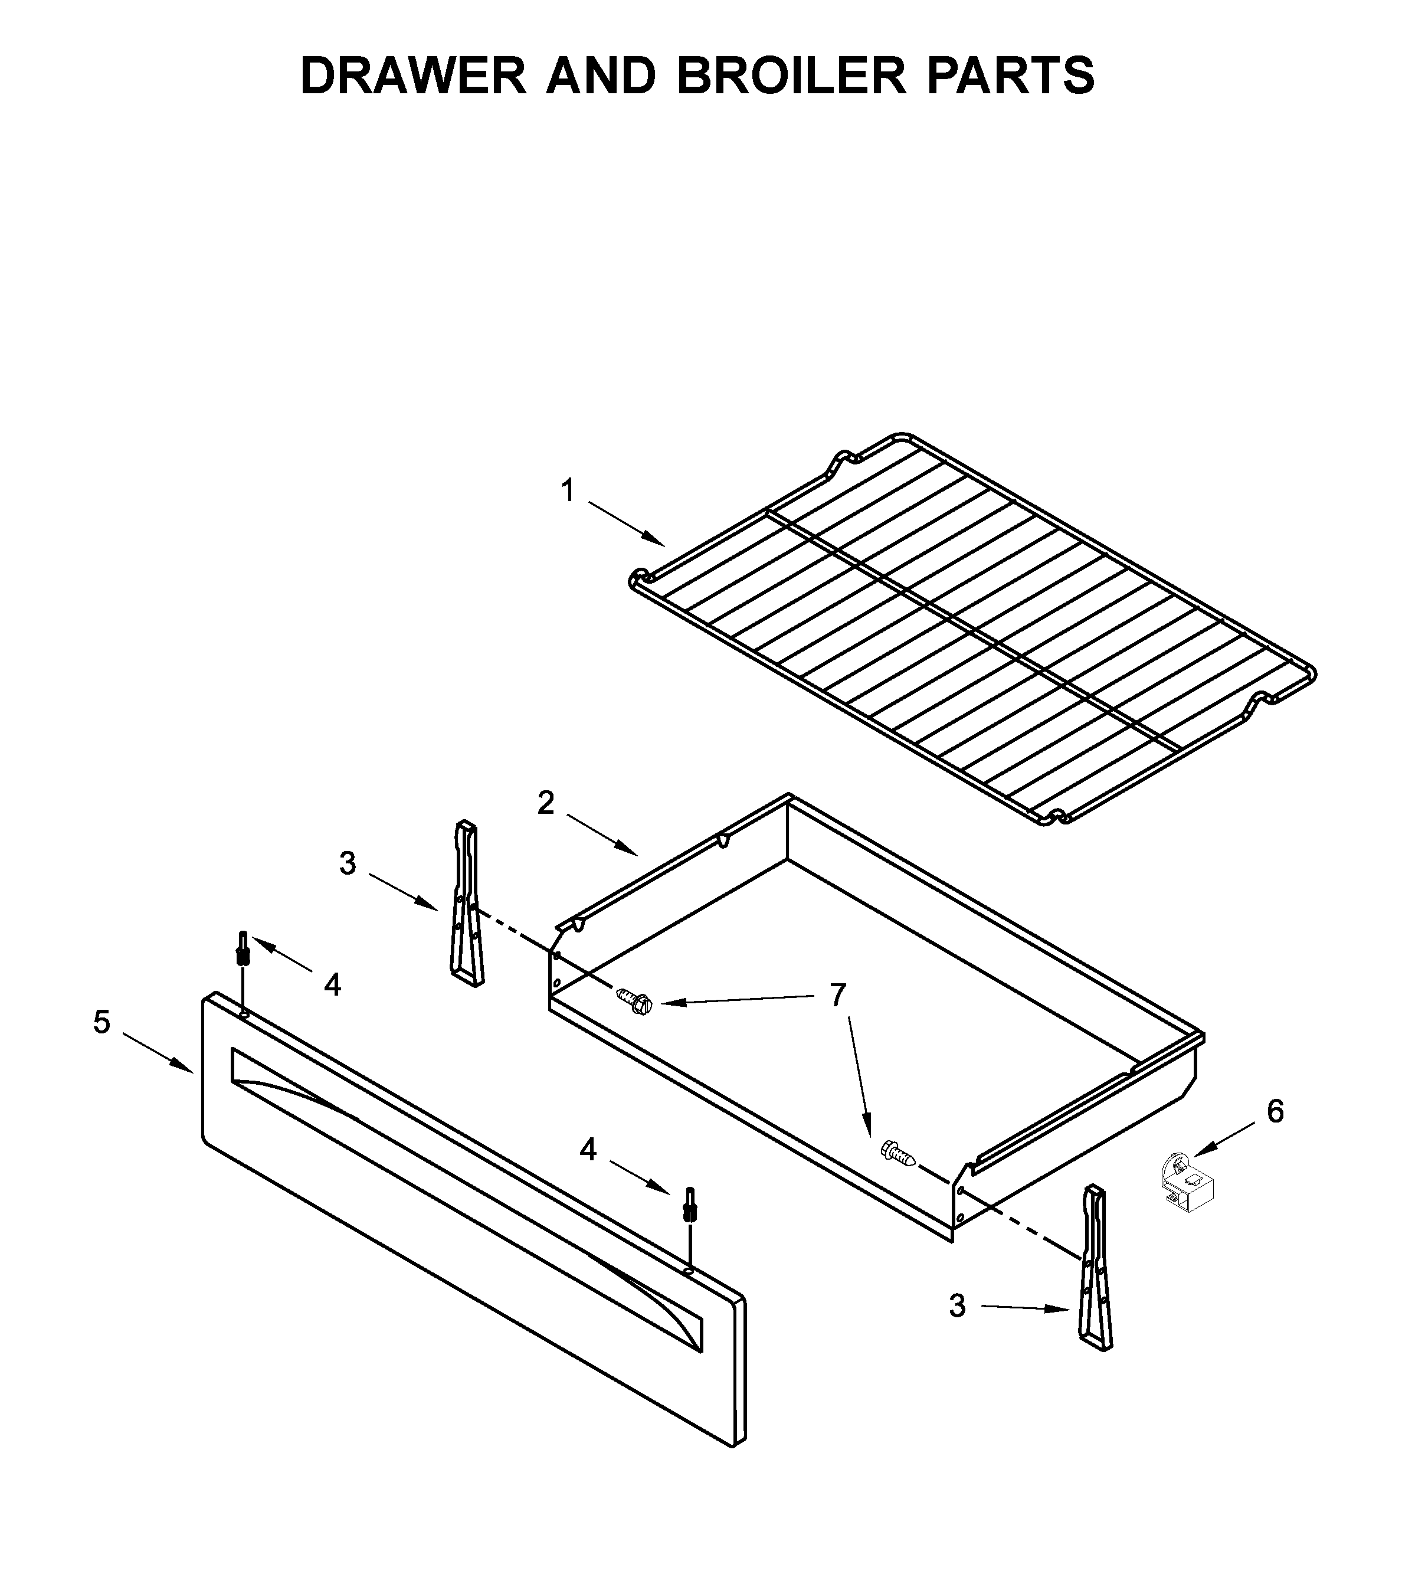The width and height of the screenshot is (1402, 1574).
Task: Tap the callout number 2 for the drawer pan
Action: pyautogui.click(x=545, y=804)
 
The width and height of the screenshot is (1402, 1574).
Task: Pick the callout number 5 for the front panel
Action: pyautogui.click(x=101, y=1022)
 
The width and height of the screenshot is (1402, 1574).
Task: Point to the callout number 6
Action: pyautogui.click(x=1275, y=1112)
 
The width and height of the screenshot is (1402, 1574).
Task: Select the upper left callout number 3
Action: pyautogui.click(x=348, y=863)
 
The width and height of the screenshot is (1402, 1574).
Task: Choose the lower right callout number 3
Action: pyautogui.click(x=956, y=1306)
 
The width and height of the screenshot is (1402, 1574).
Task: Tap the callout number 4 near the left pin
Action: pyautogui.click(x=332, y=984)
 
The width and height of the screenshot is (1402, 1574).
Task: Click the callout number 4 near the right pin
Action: pyautogui.click(x=588, y=1150)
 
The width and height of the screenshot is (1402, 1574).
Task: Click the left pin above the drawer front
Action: pyautogui.click(x=243, y=949)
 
